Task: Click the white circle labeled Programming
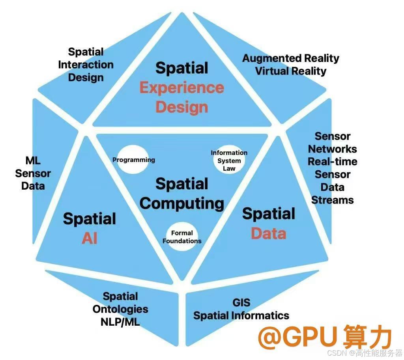(x=133, y=160)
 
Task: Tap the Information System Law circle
(x=229, y=160)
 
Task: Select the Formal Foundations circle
(x=182, y=237)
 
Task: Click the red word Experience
(x=181, y=88)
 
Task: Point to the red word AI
(x=90, y=238)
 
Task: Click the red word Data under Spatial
(x=269, y=233)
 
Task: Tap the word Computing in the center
(x=182, y=203)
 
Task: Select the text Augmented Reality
(x=291, y=58)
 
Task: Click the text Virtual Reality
(x=291, y=71)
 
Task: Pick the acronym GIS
(x=241, y=303)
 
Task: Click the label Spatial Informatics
(x=241, y=315)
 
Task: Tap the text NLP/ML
(x=120, y=322)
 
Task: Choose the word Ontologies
(x=120, y=309)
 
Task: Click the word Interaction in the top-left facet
(x=86, y=65)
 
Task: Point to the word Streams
(x=333, y=200)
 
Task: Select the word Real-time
(x=333, y=162)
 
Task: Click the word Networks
(x=333, y=149)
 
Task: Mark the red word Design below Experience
(x=181, y=107)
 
